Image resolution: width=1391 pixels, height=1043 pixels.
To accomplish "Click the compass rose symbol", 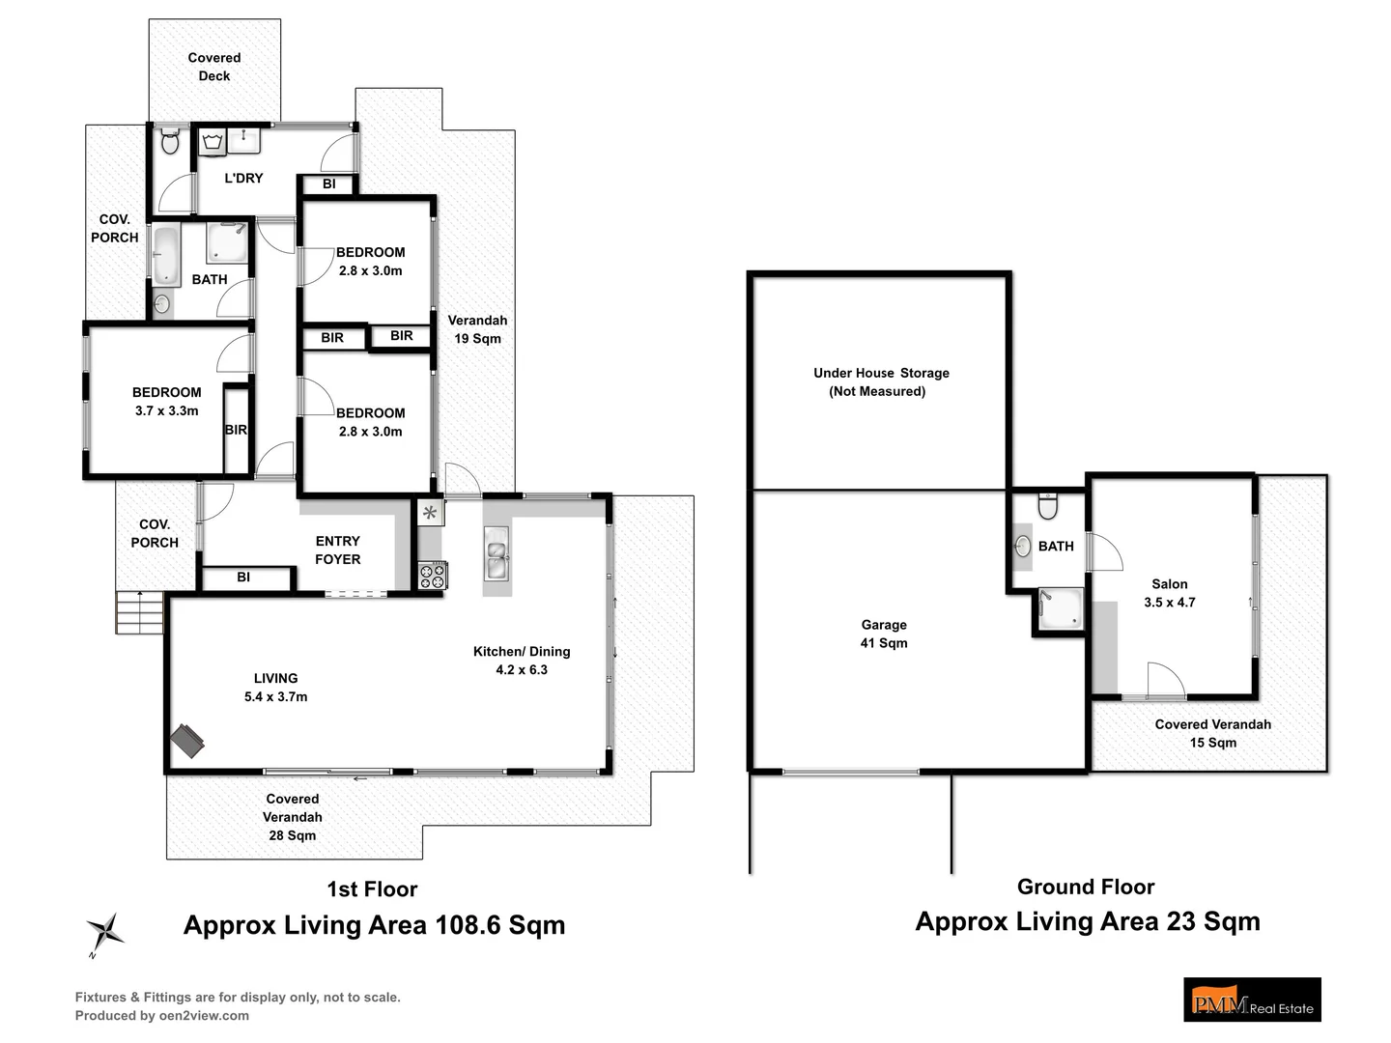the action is click(x=106, y=932).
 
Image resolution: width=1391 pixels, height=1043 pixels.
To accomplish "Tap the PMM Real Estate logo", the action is click(x=1252, y=999).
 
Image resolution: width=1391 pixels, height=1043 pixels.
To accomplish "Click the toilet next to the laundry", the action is click(x=170, y=141).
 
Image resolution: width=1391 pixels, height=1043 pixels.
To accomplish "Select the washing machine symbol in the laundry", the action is click(x=212, y=142).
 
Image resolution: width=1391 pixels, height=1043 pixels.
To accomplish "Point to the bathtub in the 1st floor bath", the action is click(x=167, y=256).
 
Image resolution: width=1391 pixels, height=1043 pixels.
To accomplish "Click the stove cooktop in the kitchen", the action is click(x=433, y=576).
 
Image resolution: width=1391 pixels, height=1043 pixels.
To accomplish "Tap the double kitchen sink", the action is click(x=497, y=553).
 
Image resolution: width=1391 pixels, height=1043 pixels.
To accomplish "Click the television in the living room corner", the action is click(x=187, y=741).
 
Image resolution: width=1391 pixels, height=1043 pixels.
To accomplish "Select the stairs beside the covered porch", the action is click(x=139, y=612).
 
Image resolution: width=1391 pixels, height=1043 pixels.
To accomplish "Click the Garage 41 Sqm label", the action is click(x=884, y=634).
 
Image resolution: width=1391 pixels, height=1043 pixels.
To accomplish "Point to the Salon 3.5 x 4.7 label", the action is click(x=1170, y=593).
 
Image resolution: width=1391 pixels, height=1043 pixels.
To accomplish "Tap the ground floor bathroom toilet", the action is click(x=1047, y=506).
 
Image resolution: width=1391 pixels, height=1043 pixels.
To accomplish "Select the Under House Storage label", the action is click(x=881, y=381).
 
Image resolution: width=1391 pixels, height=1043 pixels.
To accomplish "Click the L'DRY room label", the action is click(x=244, y=178).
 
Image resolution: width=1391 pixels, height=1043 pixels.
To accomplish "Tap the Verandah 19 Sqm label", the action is click(x=478, y=329).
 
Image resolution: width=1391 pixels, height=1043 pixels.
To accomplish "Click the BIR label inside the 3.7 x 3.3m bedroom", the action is click(x=236, y=430).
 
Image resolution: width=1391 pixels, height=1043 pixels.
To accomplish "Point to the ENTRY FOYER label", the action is click(x=338, y=550).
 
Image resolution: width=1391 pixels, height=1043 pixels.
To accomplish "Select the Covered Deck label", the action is click(x=214, y=67).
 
